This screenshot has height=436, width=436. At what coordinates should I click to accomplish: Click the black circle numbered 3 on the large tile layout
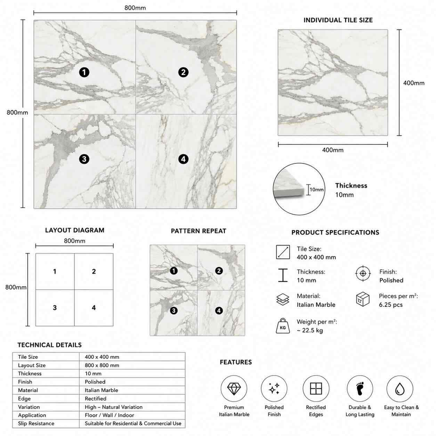point(84,159)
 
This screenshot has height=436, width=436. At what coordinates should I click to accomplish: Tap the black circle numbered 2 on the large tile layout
point(183,72)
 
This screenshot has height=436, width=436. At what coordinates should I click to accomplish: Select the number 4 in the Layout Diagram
point(94,308)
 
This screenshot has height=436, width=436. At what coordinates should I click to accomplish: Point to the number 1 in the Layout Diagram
point(55,271)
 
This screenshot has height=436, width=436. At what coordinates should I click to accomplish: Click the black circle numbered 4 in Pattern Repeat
point(219,310)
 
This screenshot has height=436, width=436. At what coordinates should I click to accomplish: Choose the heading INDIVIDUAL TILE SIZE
point(338,20)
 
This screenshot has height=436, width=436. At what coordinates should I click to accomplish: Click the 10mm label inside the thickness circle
point(316,189)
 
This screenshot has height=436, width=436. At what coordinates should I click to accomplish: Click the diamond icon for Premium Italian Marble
point(234,389)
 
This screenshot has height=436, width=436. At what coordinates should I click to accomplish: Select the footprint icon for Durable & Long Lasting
point(360,388)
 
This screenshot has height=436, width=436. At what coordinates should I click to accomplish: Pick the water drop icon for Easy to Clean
point(400,389)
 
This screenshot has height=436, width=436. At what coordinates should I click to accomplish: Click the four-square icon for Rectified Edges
point(316,388)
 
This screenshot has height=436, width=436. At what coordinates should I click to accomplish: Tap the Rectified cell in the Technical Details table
point(96,398)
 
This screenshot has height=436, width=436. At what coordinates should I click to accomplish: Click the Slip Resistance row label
point(36,423)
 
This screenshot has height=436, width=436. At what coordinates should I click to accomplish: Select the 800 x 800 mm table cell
point(102,365)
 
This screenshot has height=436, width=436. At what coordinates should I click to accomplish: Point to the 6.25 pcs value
point(391,305)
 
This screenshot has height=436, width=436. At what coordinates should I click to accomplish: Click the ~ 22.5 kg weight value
point(310,330)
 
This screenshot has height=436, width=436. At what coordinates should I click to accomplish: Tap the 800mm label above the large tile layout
point(135,8)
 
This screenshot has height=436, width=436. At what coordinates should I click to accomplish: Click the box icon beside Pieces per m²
point(363,299)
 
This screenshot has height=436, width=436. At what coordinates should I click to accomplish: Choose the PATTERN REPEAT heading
point(199,231)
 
